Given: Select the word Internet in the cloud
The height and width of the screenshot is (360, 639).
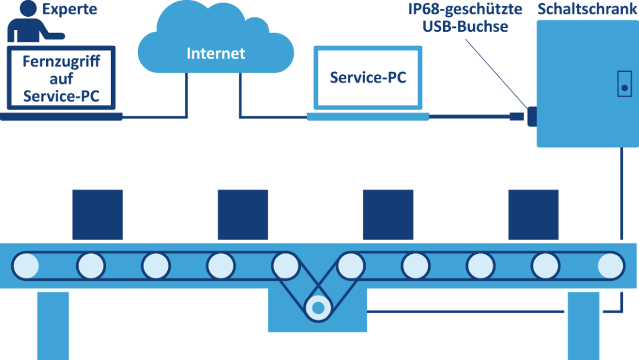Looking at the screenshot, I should coord(216,53).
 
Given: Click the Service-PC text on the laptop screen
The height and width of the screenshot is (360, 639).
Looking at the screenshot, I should coord(368,77).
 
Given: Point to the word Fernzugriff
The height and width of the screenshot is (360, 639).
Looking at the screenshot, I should coord(61,62).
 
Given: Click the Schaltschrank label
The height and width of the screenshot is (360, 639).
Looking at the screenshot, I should coord(587,9).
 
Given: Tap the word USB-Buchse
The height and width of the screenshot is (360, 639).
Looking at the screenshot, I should coord(464,27).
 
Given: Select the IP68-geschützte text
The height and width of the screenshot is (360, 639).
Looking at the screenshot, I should coord(464,9).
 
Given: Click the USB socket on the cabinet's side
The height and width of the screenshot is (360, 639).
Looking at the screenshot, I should coord(532,116).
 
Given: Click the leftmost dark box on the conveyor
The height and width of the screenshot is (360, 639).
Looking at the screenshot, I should coord(97,215).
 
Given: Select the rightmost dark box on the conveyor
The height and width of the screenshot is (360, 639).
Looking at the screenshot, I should coord(533,215).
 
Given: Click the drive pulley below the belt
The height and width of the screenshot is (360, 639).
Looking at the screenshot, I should coord(318,307).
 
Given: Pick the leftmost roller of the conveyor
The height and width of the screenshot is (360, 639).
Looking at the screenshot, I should coord(25,265).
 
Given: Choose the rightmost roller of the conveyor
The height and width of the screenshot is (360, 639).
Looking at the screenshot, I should coord(612,265).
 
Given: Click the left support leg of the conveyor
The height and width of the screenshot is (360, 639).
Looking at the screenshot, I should coord(53,324).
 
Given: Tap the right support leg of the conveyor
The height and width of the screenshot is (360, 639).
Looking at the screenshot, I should coord(583,324).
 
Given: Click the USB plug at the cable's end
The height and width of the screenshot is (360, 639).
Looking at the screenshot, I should coord(517,116).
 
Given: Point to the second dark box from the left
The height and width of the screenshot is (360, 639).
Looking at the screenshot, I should coord(243,215).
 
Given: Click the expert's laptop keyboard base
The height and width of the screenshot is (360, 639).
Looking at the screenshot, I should coord(61,116).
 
